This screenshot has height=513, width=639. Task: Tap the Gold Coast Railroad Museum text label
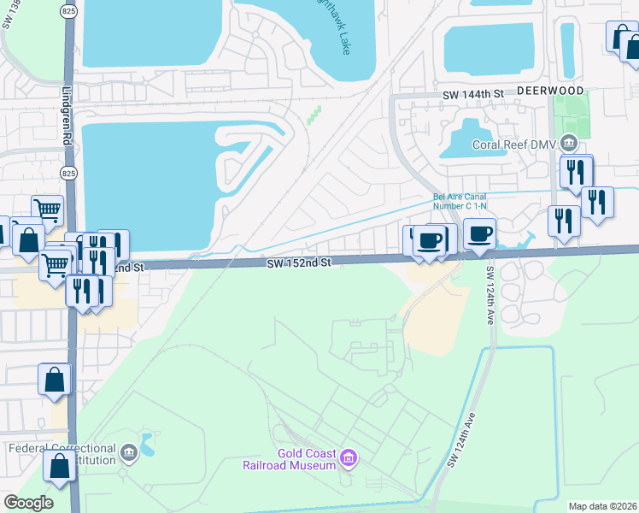[305, 459]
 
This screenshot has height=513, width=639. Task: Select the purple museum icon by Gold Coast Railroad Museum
[348, 459]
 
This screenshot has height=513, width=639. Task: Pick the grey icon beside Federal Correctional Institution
[128, 452]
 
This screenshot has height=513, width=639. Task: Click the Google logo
[29, 502]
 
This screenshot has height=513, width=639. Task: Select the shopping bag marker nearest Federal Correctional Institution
[59, 466]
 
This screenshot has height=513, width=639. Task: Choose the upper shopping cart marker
[48, 209]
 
